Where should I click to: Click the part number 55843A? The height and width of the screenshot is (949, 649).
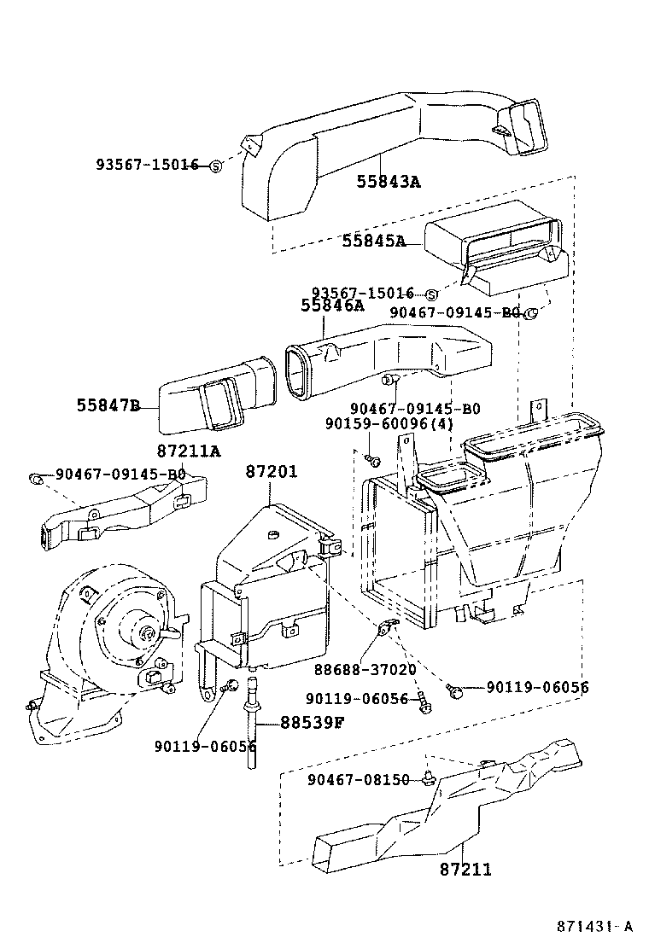point(389,181)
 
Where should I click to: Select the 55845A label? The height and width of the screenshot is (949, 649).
point(373,241)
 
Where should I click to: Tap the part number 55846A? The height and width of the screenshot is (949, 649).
point(332,306)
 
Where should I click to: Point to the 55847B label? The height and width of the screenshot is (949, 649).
point(105,405)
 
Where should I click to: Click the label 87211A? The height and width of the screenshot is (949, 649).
point(188,451)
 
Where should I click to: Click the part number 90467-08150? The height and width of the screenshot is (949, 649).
point(359,779)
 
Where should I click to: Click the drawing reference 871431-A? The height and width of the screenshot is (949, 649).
point(595,927)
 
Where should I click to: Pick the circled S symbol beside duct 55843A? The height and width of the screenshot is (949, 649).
point(216,166)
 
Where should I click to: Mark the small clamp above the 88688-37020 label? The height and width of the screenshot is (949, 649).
point(386,632)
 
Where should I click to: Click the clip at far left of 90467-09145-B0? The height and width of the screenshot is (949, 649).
point(37,476)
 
